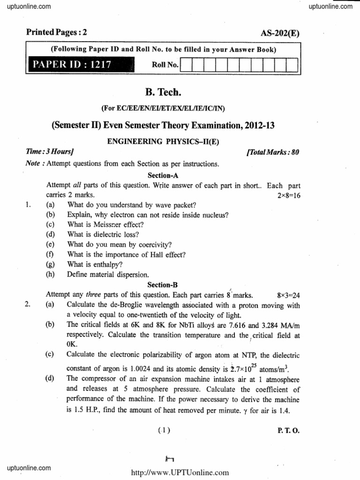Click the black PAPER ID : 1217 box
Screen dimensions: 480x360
tap(80, 64)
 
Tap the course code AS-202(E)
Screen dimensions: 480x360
tap(279, 33)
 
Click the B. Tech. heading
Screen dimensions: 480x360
tap(163, 92)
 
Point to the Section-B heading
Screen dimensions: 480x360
tap(163, 285)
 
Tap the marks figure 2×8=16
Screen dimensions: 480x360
tap(289, 195)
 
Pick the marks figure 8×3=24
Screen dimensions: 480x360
tap(289, 295)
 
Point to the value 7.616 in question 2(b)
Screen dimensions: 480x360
tap(230, 325)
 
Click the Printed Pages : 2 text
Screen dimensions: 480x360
tap(57, 32)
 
